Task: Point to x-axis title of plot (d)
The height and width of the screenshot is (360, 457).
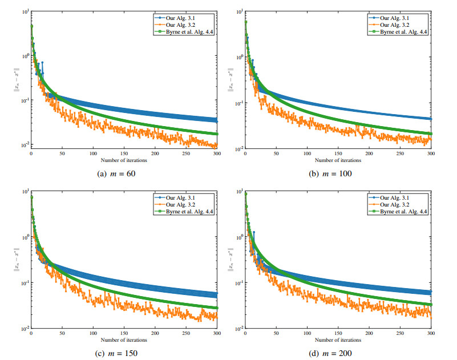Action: [338, 340]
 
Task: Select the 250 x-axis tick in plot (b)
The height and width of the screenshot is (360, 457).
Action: [400, 153]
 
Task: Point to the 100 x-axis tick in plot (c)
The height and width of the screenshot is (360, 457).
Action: [93, 334]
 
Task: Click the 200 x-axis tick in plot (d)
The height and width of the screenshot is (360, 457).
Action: [369, 334]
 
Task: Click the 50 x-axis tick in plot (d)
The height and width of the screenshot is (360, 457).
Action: [276, 334]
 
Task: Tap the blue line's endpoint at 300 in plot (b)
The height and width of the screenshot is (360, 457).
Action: [431, 119]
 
